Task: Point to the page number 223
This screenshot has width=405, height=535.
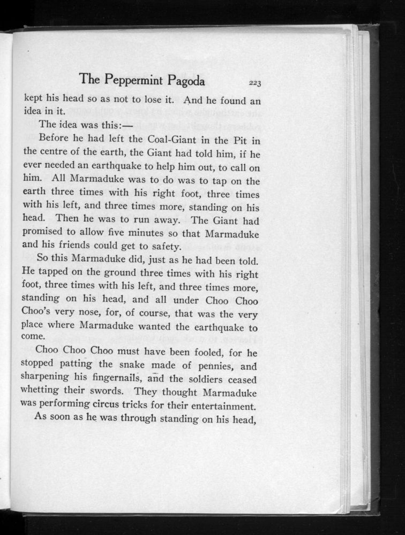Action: pos(254,82)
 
